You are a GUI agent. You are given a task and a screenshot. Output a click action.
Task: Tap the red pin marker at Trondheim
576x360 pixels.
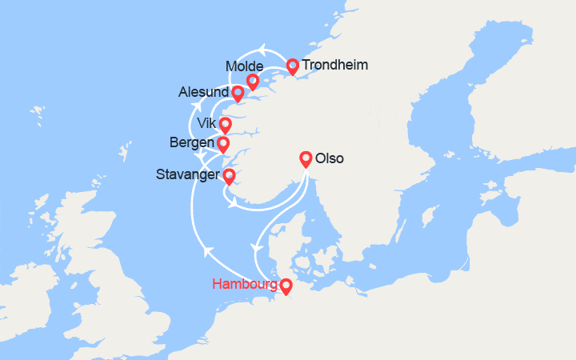(292, 66)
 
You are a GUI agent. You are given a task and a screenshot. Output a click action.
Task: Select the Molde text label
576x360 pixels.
(244, 66)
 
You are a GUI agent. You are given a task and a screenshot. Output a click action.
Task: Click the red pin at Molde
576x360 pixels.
(252, 81)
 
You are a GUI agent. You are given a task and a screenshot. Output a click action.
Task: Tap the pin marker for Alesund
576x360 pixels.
(238, 94)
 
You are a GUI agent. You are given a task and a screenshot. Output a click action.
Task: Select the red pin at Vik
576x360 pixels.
(225, 125)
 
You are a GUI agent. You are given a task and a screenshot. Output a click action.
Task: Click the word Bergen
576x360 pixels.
(192, 144)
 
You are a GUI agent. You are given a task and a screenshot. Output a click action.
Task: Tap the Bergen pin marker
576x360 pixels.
(222, 144)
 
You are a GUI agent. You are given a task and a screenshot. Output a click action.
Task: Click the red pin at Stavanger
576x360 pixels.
(229, 176)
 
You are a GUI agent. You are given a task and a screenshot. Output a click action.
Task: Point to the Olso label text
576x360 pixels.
(330, 158)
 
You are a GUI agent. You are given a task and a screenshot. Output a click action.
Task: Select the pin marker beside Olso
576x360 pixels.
(305, 158)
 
